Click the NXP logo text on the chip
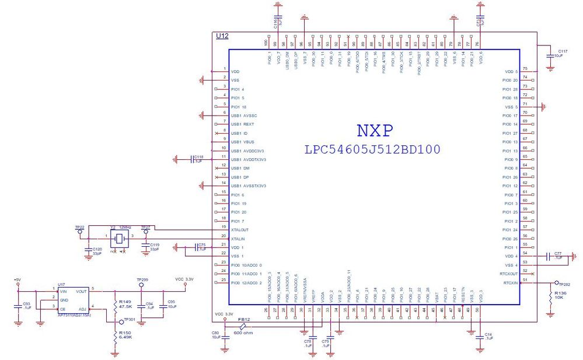(x=374, y=130)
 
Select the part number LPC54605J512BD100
(x=372, y=149)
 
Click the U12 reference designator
(x=222, y=36)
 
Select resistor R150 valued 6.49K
(x=123, y=335)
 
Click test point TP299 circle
(x=142, y=285)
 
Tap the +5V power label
(x=18, y=280)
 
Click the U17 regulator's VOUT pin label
(x=81, y=290)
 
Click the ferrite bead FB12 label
(x=243, y=320)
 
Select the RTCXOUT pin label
(x=509, y=274)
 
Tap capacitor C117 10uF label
(x=562, y=53)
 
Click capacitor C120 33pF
(x=97, y=251)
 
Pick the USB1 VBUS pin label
(x=244, y=142)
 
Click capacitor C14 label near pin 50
(x=488, y=336)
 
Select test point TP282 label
(x=564, y=284)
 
